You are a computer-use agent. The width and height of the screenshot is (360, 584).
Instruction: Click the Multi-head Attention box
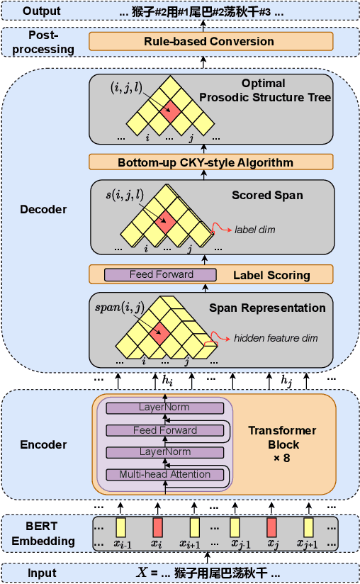coord(164,474)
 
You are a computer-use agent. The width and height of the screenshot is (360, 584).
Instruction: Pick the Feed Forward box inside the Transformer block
coord(164,430)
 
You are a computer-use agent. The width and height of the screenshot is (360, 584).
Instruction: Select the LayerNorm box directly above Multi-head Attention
coord(164,452)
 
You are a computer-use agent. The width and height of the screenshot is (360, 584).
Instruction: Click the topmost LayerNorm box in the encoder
coord(164,408)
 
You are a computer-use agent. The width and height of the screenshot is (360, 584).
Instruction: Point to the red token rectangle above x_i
coord(157,527)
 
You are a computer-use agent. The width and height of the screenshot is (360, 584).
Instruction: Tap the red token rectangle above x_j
coord(271,527)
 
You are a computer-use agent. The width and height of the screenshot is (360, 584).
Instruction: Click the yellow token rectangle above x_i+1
coord(195,527)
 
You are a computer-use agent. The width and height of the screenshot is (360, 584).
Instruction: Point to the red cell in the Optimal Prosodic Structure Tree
coord(169,110)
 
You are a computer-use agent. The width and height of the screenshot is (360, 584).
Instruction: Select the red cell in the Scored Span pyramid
coord(166,220)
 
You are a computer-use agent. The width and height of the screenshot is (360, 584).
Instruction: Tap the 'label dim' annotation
coord(255,230)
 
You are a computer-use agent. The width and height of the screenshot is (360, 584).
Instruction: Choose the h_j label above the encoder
coord(286,381)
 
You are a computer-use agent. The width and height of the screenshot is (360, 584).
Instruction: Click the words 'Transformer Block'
coord(282,438)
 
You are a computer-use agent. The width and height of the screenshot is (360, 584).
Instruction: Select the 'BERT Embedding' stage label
coord(47,534)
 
